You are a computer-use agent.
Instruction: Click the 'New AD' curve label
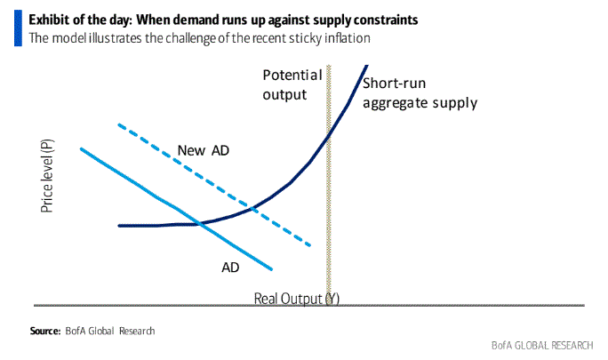point(204,149)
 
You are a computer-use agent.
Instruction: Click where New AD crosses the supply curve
point(254,208)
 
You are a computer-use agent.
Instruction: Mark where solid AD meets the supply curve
point(201,223)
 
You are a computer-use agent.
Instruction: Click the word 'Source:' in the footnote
point(44,332)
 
